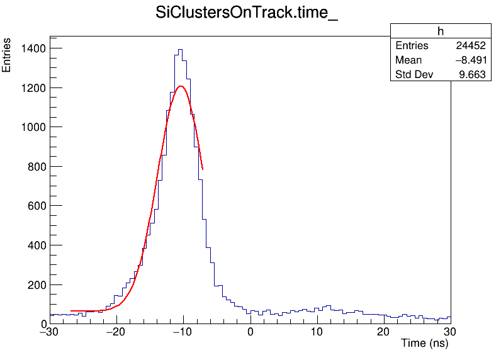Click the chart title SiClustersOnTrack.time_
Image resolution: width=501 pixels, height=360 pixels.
(247, 14)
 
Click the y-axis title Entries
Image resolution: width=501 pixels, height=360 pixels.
(7, 55)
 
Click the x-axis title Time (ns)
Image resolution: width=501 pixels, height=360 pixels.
(425, 344)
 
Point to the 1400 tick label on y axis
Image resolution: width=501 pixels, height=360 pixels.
(30, 48)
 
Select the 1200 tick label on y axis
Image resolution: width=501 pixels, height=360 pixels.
(30, 87)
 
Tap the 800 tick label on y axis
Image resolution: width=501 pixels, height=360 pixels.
(33, 166)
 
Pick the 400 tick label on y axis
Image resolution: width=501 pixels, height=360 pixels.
(33, 245)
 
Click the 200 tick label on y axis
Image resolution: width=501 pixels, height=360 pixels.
(33, 284)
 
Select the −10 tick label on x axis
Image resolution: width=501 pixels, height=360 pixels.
(183, 332)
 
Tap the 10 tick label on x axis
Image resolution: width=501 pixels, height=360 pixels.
(317, 332)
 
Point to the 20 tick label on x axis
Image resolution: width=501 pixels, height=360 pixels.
(384, 332)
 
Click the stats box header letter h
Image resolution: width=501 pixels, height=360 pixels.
(441, 31)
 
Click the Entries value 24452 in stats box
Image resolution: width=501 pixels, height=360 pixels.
(471, 46)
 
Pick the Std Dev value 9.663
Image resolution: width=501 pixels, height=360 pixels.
(472, 75)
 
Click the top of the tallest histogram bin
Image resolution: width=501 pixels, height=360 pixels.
(180, 49)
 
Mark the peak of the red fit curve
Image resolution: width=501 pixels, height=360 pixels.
(181, 86)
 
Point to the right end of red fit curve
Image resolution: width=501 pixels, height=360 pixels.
(203, 169)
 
